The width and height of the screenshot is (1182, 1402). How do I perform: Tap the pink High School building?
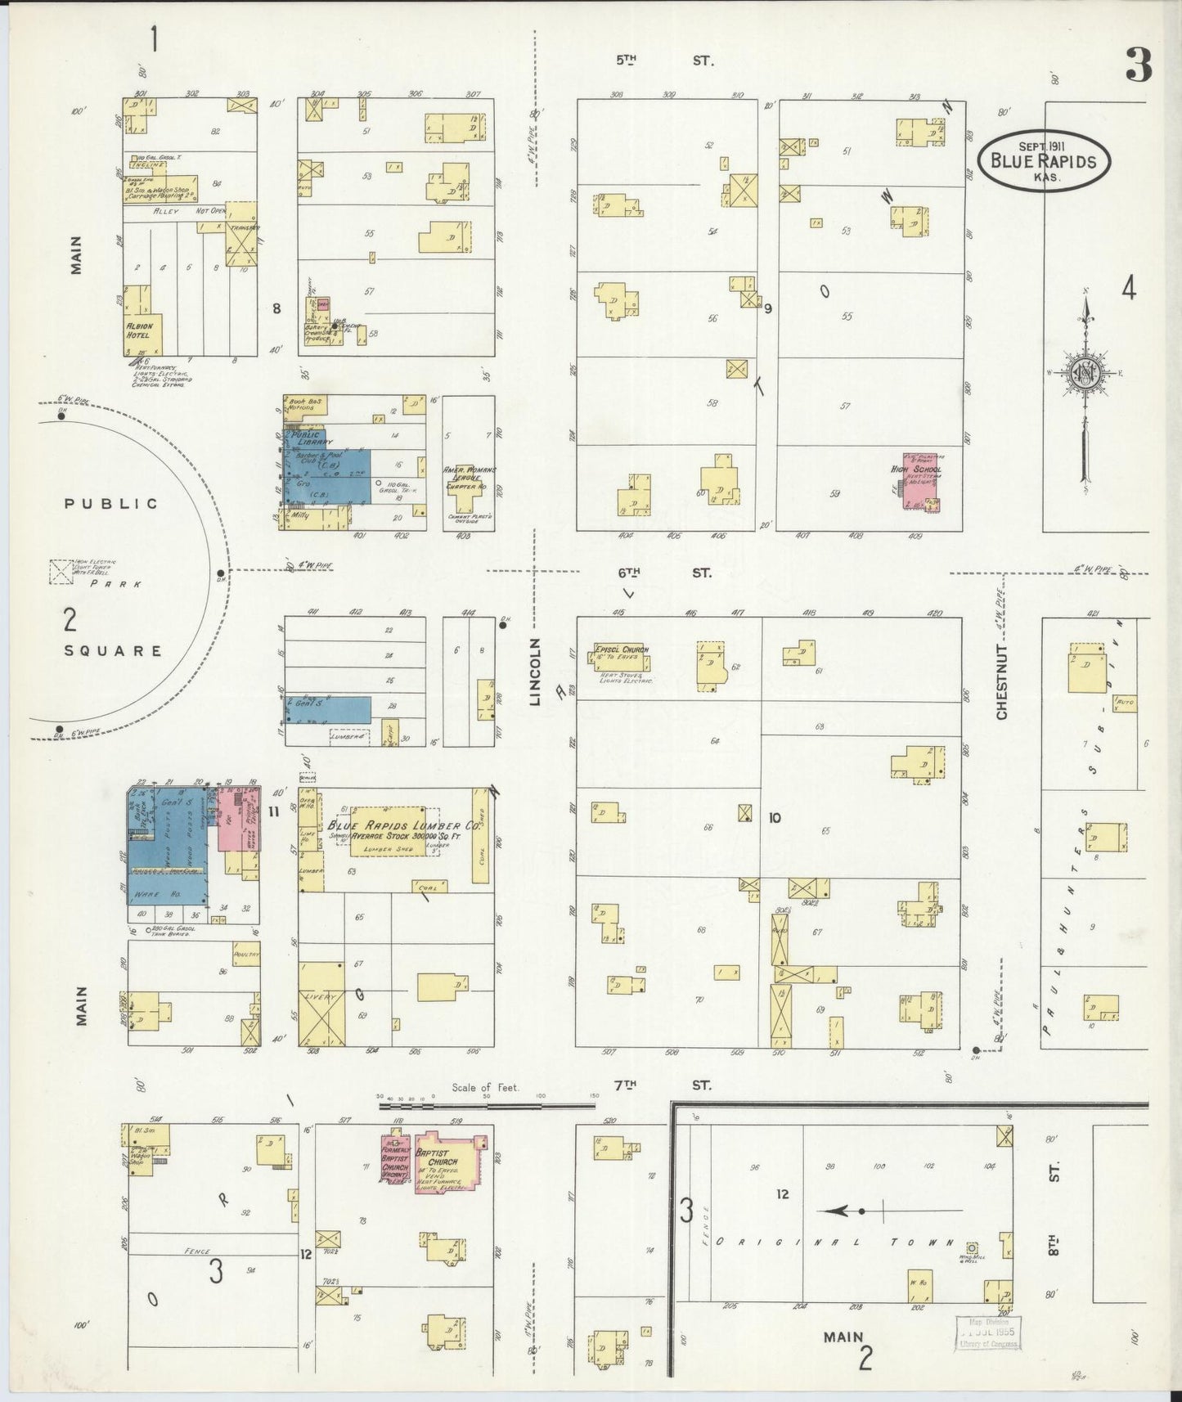pos(921,483)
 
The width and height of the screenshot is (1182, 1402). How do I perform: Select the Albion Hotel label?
pos(140,330)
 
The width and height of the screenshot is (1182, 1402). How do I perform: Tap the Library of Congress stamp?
pos(990,1333)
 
